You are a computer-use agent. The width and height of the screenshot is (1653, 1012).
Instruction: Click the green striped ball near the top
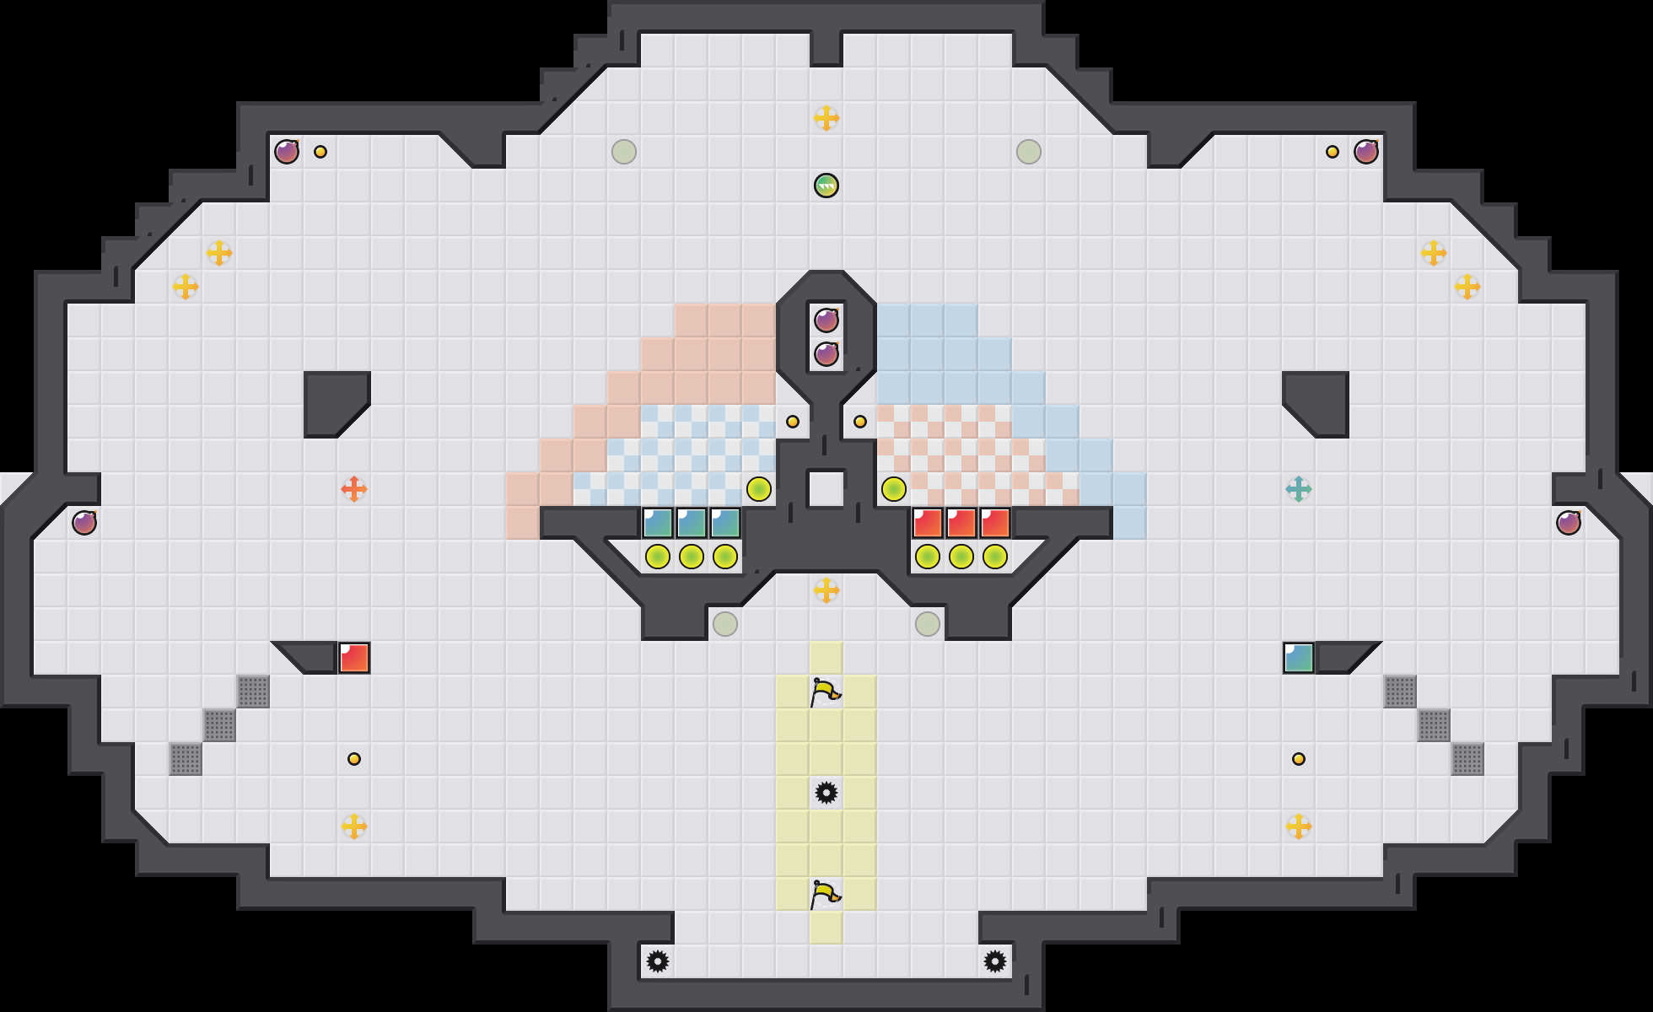pos(826,186)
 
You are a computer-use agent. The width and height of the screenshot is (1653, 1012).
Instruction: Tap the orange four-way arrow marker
pos(354,489)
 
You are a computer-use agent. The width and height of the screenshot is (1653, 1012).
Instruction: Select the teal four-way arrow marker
pos(1299,489)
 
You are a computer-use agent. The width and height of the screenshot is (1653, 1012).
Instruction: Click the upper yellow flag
pos(825,692)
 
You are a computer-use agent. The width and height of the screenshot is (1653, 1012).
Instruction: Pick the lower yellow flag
pos(825,894)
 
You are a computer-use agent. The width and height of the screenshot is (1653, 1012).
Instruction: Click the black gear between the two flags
pos(826,793)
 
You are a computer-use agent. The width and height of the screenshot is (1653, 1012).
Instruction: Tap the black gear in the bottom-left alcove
pos(658,961)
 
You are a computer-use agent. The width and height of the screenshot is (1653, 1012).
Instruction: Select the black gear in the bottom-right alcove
pos(995,961)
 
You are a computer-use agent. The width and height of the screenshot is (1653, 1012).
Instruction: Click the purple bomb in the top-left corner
pos(287,152)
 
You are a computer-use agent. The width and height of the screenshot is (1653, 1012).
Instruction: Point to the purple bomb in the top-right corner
pos(1366,152)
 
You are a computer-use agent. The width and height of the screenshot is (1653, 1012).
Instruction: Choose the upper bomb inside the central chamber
pos(826,320)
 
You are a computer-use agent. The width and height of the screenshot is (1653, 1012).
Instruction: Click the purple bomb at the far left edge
pos(84,523)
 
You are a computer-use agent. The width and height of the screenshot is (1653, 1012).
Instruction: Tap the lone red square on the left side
pos(354,658)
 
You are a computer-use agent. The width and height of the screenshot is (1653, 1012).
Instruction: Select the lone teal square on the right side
pos(1299,658)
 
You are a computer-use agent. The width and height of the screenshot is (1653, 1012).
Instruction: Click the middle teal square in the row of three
pos(692,523)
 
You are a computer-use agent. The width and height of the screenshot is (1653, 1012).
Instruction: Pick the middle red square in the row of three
pos(961,523)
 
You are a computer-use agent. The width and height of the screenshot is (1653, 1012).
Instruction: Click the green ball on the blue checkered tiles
pos(759,489)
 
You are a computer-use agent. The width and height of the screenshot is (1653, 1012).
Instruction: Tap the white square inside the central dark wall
pos(826,489)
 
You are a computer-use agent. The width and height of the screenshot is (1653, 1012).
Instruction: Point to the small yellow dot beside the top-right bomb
pos(1333,152)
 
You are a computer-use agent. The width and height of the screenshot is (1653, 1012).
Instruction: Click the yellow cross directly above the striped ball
pos(826,118)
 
